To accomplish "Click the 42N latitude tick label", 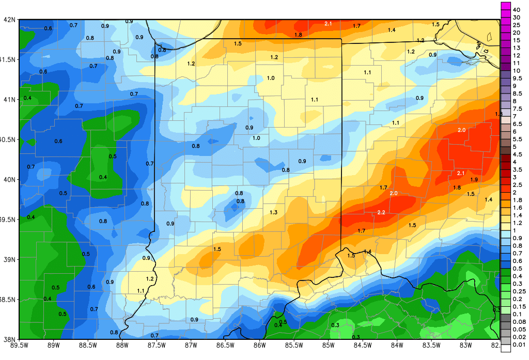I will click(9, 20).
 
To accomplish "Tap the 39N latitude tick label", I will click(9, 259).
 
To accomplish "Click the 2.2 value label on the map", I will click(382, 213).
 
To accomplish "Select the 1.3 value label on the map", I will click(273, 212).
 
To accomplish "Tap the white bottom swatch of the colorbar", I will click(505, 347).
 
